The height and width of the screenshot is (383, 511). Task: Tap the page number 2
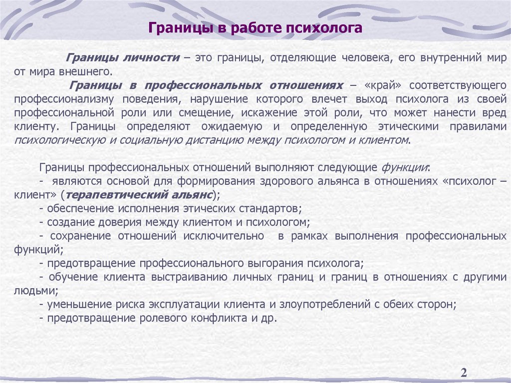coord(464,373)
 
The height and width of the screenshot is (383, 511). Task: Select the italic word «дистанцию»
coord(211,140)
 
